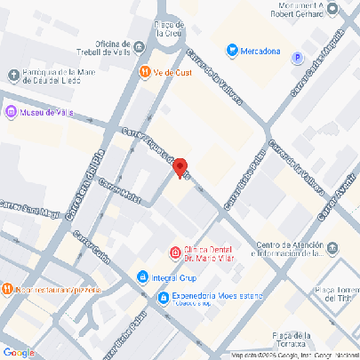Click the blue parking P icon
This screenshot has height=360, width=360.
click(x=297, y=58)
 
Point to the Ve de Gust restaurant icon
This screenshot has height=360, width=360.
click(x=143, y=71)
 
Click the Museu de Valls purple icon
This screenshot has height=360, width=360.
click(x=11, y=112)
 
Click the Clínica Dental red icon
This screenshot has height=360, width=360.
click(x=175, y=251)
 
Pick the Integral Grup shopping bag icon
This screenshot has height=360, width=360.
click(x=142, y=278)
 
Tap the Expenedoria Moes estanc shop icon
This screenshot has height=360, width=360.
click(x=162, y=298)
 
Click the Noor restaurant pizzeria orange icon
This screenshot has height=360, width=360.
click(x=6, y=289)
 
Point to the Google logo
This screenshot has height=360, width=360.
click(x=20, y=352)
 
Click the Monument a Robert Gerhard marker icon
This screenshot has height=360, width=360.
click(x=332, y=10)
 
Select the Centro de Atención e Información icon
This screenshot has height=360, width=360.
click(x=332, y=245)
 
